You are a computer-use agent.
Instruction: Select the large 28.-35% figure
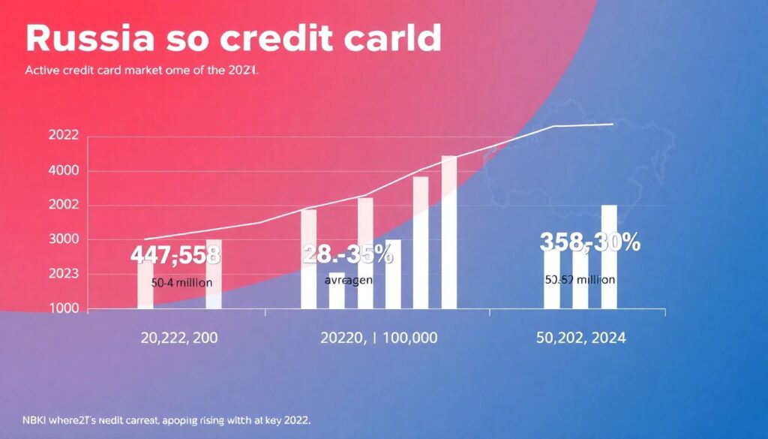pyautogui.click(x=347, y=254)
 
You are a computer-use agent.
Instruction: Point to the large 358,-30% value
pyautogui.click(x=589, y=242)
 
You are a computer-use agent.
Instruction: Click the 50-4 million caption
pyautogui.click(x=181, y=284)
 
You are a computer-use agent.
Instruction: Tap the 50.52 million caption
pyautogui.click(x=580, y=279)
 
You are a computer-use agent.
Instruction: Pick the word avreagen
pyautogui.click(x=349, y=280)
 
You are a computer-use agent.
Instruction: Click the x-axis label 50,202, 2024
pyautogui.click(x=580, y=338)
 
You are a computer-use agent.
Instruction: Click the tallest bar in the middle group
pyautogui.click(x=448, y=233)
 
